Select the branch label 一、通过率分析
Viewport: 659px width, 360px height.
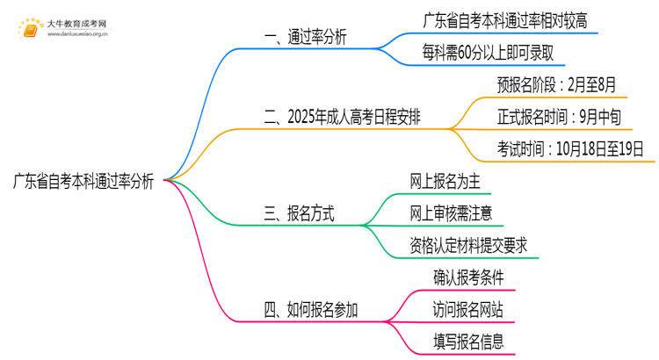click(x=305, y=38)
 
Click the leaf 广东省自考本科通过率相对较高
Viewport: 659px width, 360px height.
click(x=505, y=19)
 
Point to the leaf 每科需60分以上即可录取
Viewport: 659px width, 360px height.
click(x=488, y=54)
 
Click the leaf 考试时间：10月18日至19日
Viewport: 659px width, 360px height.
click(x=571, y=148)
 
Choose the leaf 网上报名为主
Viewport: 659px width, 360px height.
click(x=445, y=181)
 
